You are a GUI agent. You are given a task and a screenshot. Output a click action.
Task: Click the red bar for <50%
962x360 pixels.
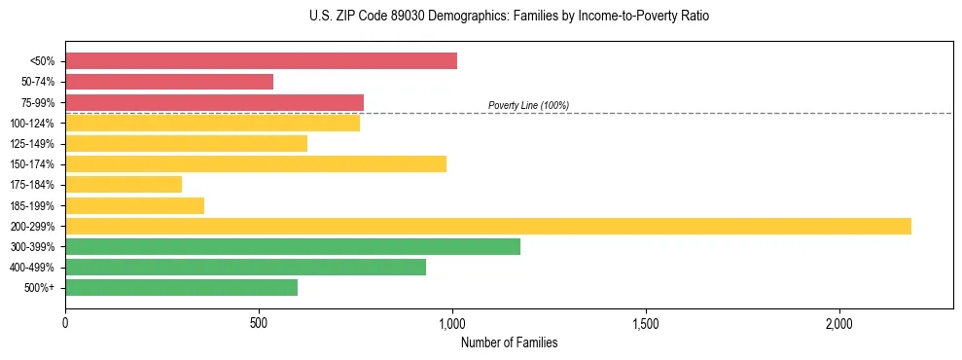[x=261, y=61]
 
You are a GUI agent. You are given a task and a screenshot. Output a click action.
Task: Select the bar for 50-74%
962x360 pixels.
[x=169, y=82]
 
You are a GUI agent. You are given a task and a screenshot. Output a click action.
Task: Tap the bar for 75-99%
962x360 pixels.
[x=214, y=102]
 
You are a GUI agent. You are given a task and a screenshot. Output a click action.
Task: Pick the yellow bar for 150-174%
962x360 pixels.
[x=256, y=163]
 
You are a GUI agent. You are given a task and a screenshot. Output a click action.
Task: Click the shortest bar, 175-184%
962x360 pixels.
[x=124, y=184]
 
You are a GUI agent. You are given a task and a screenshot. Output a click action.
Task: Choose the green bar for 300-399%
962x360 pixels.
[x=293, y=246]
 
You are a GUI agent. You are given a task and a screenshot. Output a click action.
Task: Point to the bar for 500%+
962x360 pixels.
[x=181, y=287]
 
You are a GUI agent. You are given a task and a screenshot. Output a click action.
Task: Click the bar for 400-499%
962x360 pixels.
[x=245, y=267]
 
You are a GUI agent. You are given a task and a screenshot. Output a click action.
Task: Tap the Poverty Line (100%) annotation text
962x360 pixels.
[x=528, y=105]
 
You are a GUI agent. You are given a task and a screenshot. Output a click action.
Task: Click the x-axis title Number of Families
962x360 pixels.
[x=509, y=343]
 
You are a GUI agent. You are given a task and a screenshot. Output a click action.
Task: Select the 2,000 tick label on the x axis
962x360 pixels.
[x=839, y=323]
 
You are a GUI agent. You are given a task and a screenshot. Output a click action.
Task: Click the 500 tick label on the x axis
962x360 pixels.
[x=259, y=323]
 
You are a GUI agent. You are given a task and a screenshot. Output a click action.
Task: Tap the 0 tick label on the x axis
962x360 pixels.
[x=65, y=323]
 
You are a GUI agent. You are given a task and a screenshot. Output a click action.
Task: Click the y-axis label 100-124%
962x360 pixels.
[x=32, y=124]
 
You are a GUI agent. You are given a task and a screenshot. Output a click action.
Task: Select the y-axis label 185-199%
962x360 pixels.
[x=32, y=205]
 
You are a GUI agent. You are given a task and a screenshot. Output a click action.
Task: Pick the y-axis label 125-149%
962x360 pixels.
[x=32, y=144]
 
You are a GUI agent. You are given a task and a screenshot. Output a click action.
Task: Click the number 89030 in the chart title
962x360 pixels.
[x=394, y=17]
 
